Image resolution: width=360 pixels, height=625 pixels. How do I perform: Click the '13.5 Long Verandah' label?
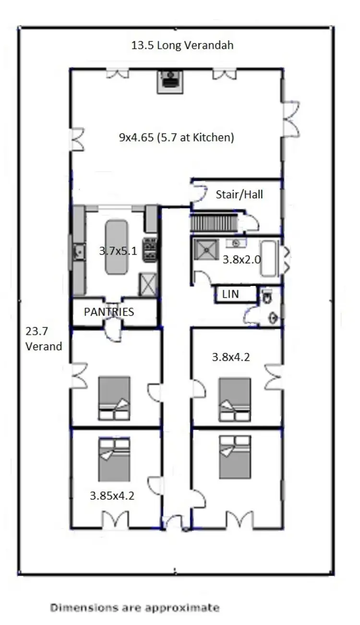point(182,46)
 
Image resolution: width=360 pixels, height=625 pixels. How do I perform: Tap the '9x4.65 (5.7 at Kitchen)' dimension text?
point(176,138)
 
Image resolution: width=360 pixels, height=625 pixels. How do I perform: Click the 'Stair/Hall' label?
point(239,195)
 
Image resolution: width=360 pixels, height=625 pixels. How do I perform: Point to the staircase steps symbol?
point(214,223)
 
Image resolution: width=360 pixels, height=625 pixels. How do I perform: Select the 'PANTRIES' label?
point(109,312)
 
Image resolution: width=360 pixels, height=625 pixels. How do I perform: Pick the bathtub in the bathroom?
point(269,259)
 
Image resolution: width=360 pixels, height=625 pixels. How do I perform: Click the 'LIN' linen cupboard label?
point(230,294)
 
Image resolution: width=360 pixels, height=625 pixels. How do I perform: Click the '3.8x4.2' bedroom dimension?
point(231,357)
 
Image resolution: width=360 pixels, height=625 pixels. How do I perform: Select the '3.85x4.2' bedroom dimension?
point(112,495)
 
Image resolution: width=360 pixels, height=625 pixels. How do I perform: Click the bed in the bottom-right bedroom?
point(235,457)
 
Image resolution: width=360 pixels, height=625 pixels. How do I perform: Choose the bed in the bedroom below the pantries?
point(114,398)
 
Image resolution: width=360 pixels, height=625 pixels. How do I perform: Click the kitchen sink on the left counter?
point(79,250)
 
